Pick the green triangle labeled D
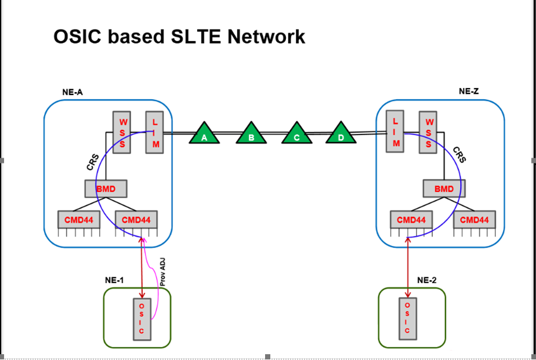(x=341, y=135)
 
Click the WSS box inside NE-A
(x=122, y=132)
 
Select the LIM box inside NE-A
(x=154, y=132)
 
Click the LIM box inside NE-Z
(x=395, y=132)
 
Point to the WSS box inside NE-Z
(x=428, y=132)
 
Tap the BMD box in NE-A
(x=106, y=189)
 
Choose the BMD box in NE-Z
(x=444, y=189)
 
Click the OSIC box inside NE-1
(x=142, y=319)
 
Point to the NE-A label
(x=73, y=92)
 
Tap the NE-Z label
(x=469, y=91)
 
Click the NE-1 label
(x=114, y=280)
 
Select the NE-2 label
(x=427, y=280)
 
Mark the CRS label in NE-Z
(x=459, y=154)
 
